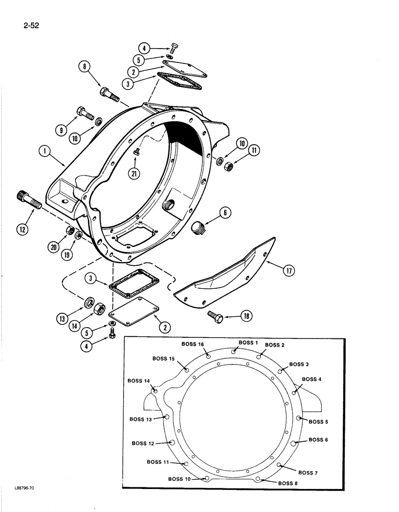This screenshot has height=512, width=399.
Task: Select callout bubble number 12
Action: (23, 229)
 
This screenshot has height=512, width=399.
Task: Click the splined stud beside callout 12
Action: (29, 199)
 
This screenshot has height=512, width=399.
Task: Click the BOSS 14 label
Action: (139, 381)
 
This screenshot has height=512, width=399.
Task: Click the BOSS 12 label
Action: (143, 443)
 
